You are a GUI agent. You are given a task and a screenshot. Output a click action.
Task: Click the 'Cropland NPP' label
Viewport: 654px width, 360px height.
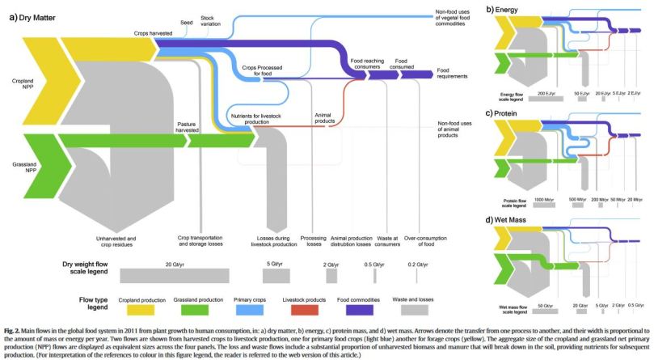coord(23,84)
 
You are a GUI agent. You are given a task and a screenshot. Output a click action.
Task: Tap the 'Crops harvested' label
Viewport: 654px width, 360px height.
coord(153,34)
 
